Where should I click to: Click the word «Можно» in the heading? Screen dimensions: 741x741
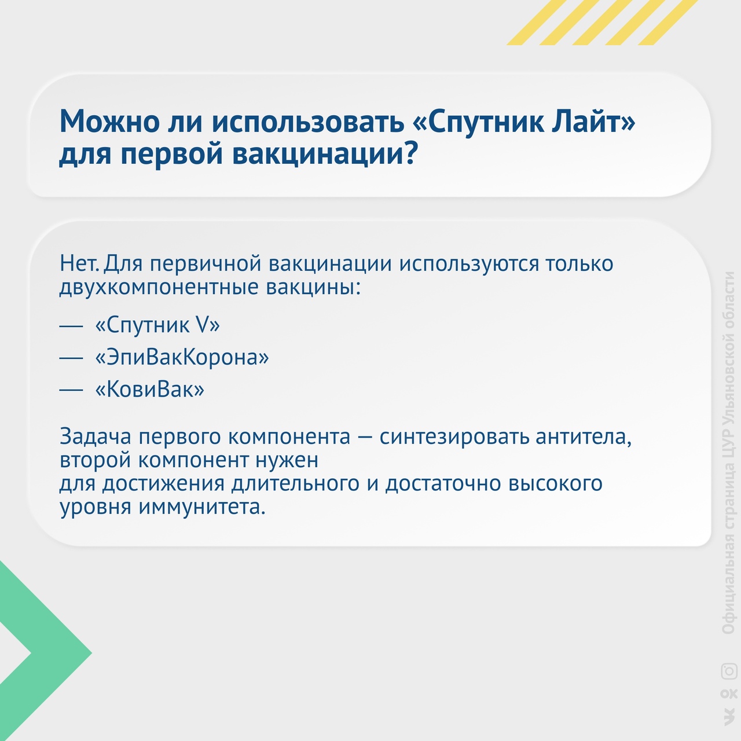click(109, 121)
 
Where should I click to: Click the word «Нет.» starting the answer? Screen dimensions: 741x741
click(79, 264)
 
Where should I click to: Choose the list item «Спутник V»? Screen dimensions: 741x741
click(157, 325)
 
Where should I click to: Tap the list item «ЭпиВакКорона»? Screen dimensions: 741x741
click(182, 357)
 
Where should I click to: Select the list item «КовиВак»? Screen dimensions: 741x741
click(150, 389)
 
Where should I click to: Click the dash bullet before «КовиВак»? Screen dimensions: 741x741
click(71, 390)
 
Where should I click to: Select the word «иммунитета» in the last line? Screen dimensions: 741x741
click(201, 507)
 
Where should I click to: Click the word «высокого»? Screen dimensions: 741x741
click(555, 483)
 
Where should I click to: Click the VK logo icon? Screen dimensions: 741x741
click(729, 720)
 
